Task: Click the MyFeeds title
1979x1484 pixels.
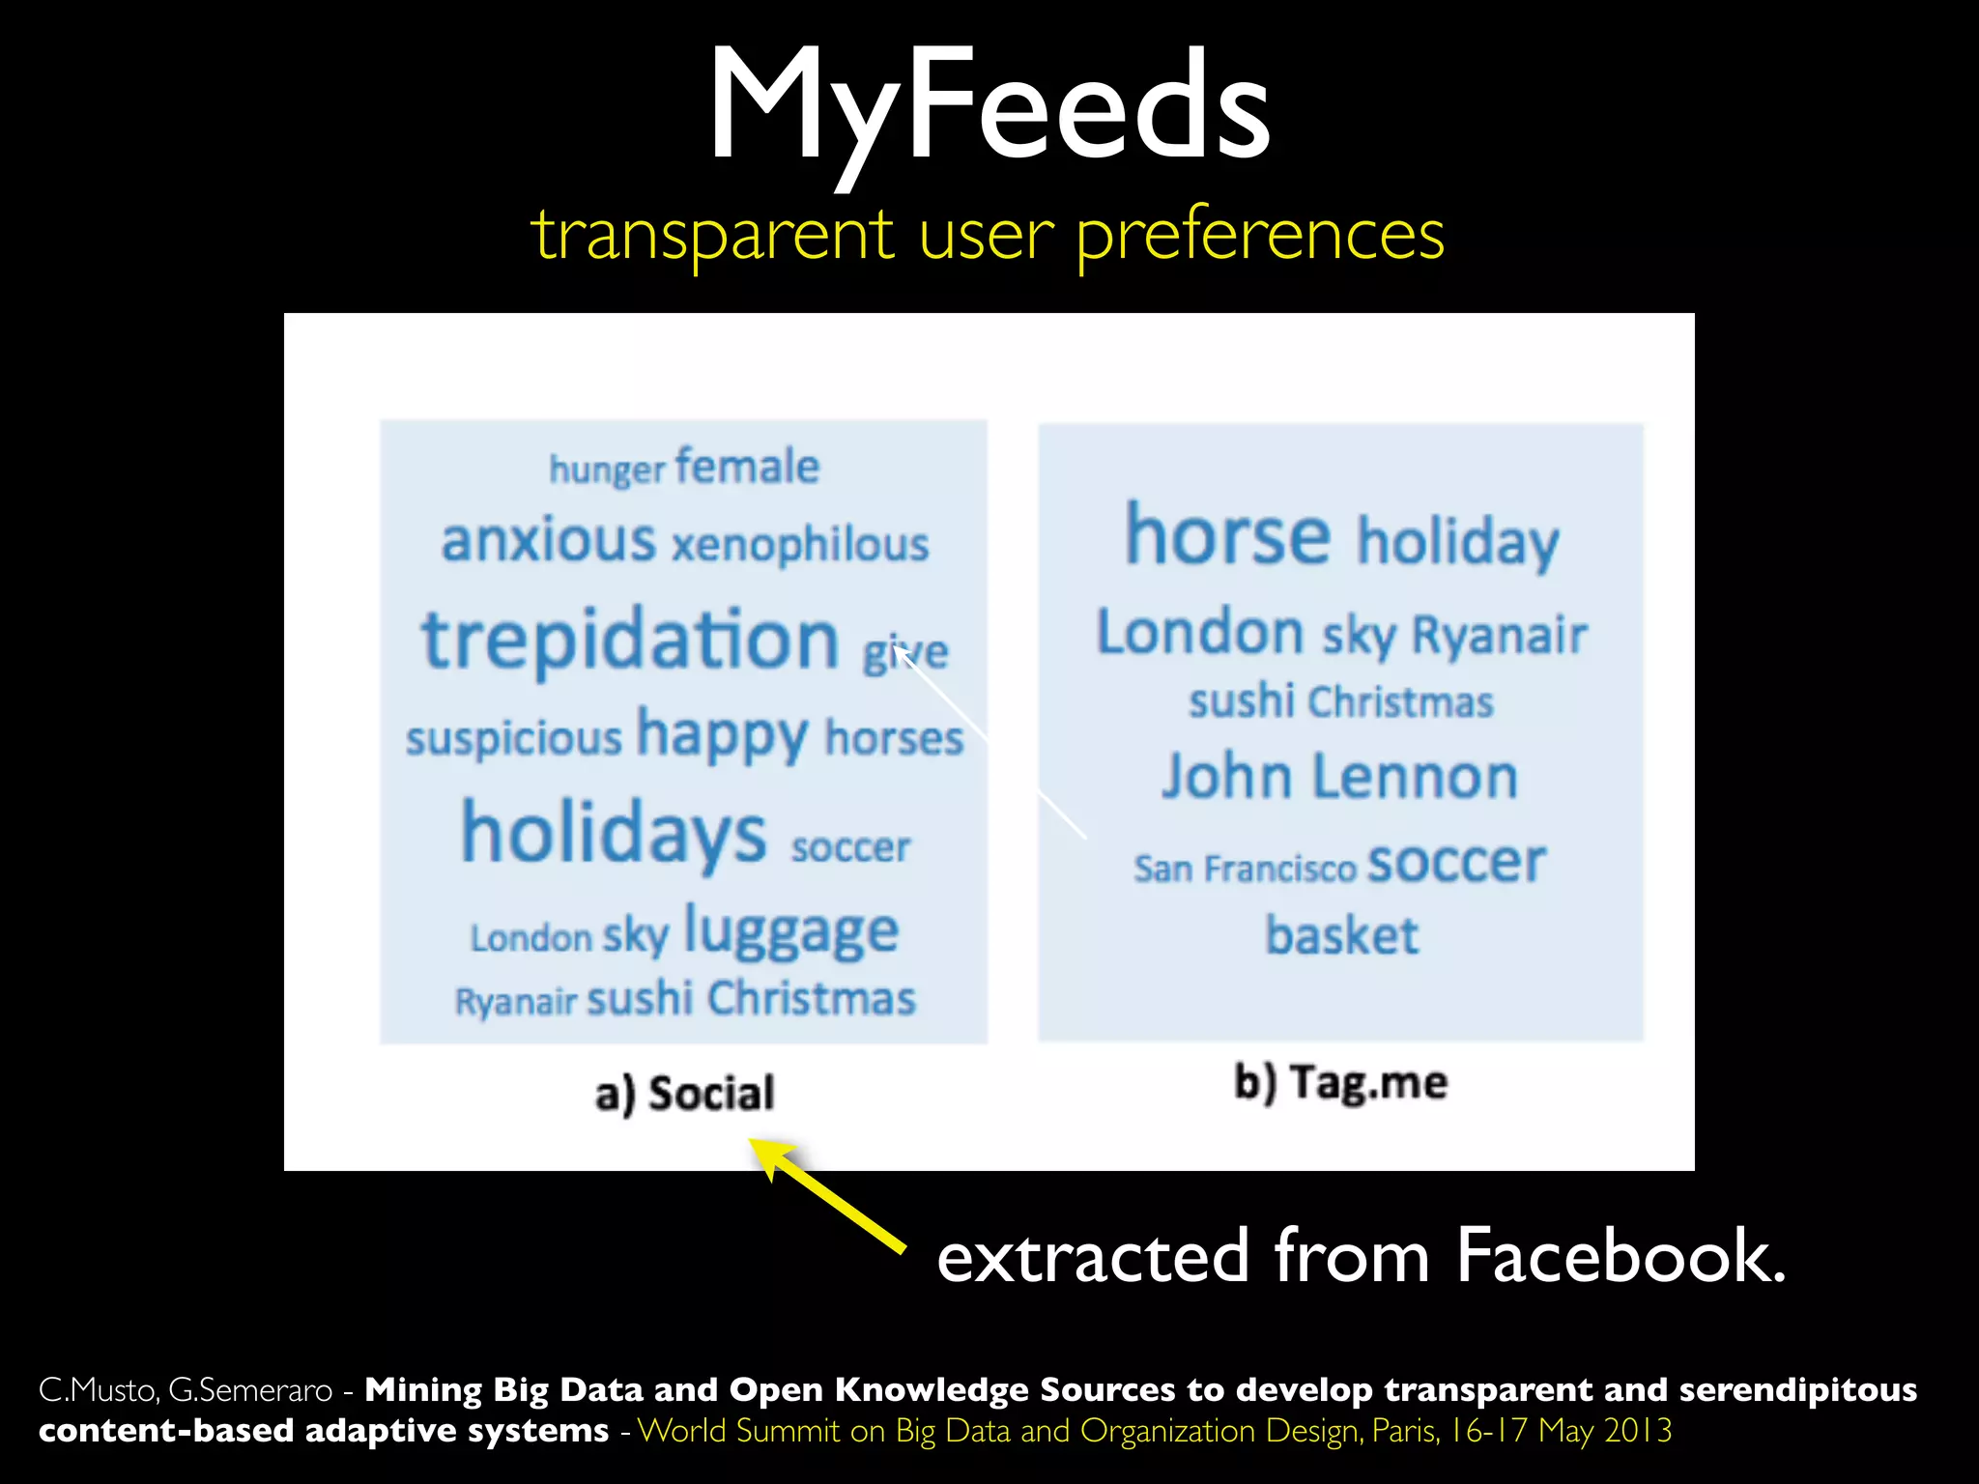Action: pos(989,106)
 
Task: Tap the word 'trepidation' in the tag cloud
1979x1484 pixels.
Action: pos(630,640)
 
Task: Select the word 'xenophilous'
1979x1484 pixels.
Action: pos(800,545)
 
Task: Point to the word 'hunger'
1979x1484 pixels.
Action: pos(607,470)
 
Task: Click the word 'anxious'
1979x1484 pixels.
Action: pos(548,540)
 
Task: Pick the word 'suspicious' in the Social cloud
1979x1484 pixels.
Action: pos(513,739)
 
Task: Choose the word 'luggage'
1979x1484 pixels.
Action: pos(791,932)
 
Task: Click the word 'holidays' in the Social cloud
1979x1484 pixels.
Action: pos(614,834)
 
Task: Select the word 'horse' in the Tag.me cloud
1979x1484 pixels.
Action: pos(1228,535)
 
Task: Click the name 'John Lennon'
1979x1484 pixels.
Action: pos(1339,777)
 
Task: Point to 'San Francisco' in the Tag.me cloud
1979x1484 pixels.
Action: pos(1245,869)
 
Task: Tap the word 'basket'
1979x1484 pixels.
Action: pos(1342,935)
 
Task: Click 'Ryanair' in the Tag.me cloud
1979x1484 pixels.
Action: pos(1499,636)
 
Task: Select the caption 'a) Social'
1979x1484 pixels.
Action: pos(684,1094)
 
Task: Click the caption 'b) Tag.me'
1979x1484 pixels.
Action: pos(1340,1082)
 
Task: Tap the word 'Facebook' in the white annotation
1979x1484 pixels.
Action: pos(1620,1256)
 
